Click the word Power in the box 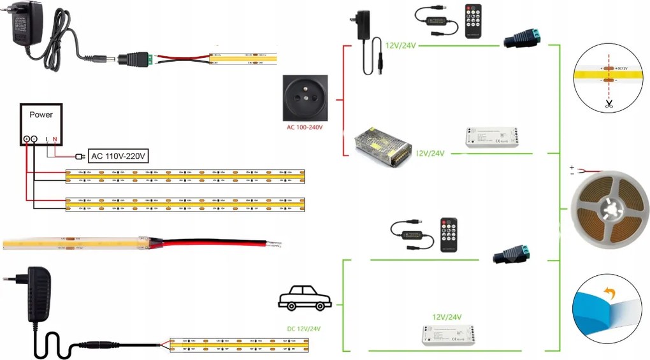(41, 115)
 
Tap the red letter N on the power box (55, 138)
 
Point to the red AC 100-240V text (305, 127)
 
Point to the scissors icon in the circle (609, 104)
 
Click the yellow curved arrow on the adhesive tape (610, 293)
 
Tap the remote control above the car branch (448, 234)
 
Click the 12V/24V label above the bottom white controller (447, 317)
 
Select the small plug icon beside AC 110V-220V (80, 156)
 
